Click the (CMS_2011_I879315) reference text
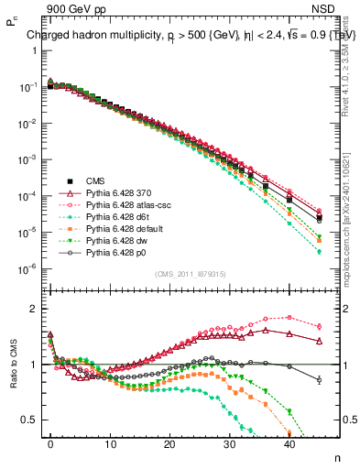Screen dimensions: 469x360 point(191,274)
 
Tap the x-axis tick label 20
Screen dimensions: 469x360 point(169,442)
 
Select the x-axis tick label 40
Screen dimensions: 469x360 point(289,442)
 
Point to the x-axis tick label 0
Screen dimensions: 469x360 point(50,442)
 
